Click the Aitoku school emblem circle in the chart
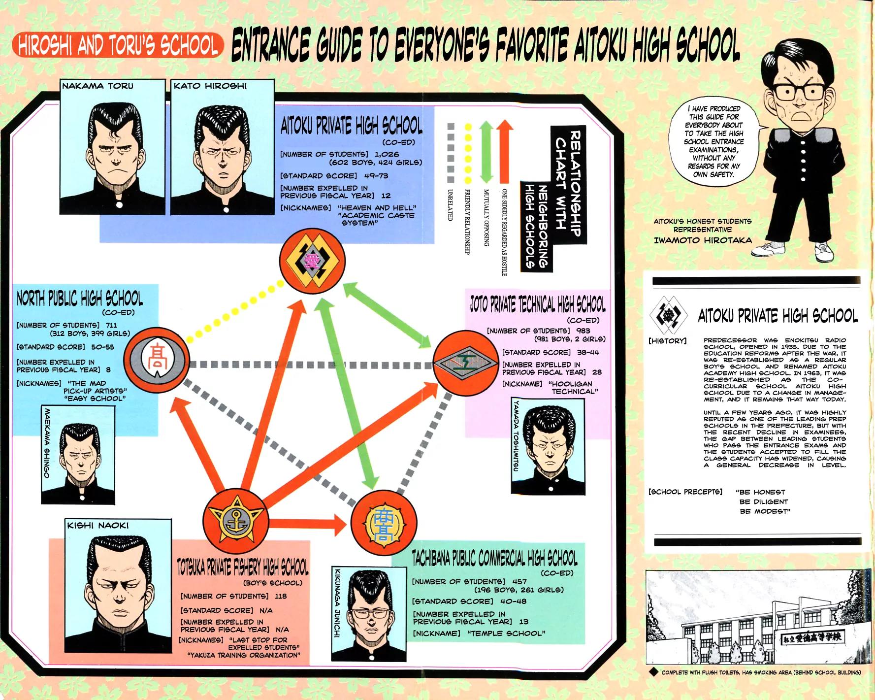[x=312, y=260]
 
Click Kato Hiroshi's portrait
[x=223, y=148]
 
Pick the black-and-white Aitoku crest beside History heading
[x=669, y=316]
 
